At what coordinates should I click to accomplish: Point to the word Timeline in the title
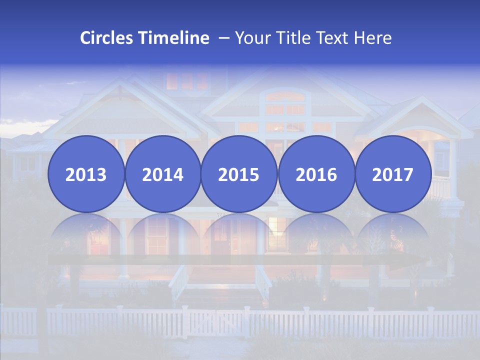pos(174,38)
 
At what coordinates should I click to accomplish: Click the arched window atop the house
pos(285,95)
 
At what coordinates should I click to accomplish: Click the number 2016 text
pos(316,175)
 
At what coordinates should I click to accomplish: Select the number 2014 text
pos(163,175)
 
